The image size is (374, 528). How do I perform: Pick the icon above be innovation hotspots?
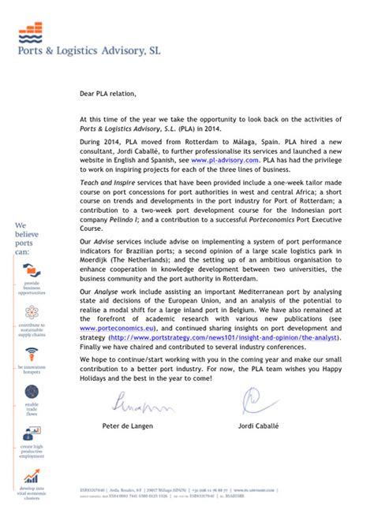point(32,352)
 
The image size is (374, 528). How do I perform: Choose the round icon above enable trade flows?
point(32,392)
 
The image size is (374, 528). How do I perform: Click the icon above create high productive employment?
point(32,433)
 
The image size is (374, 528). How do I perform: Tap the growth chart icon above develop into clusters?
point(32,477)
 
